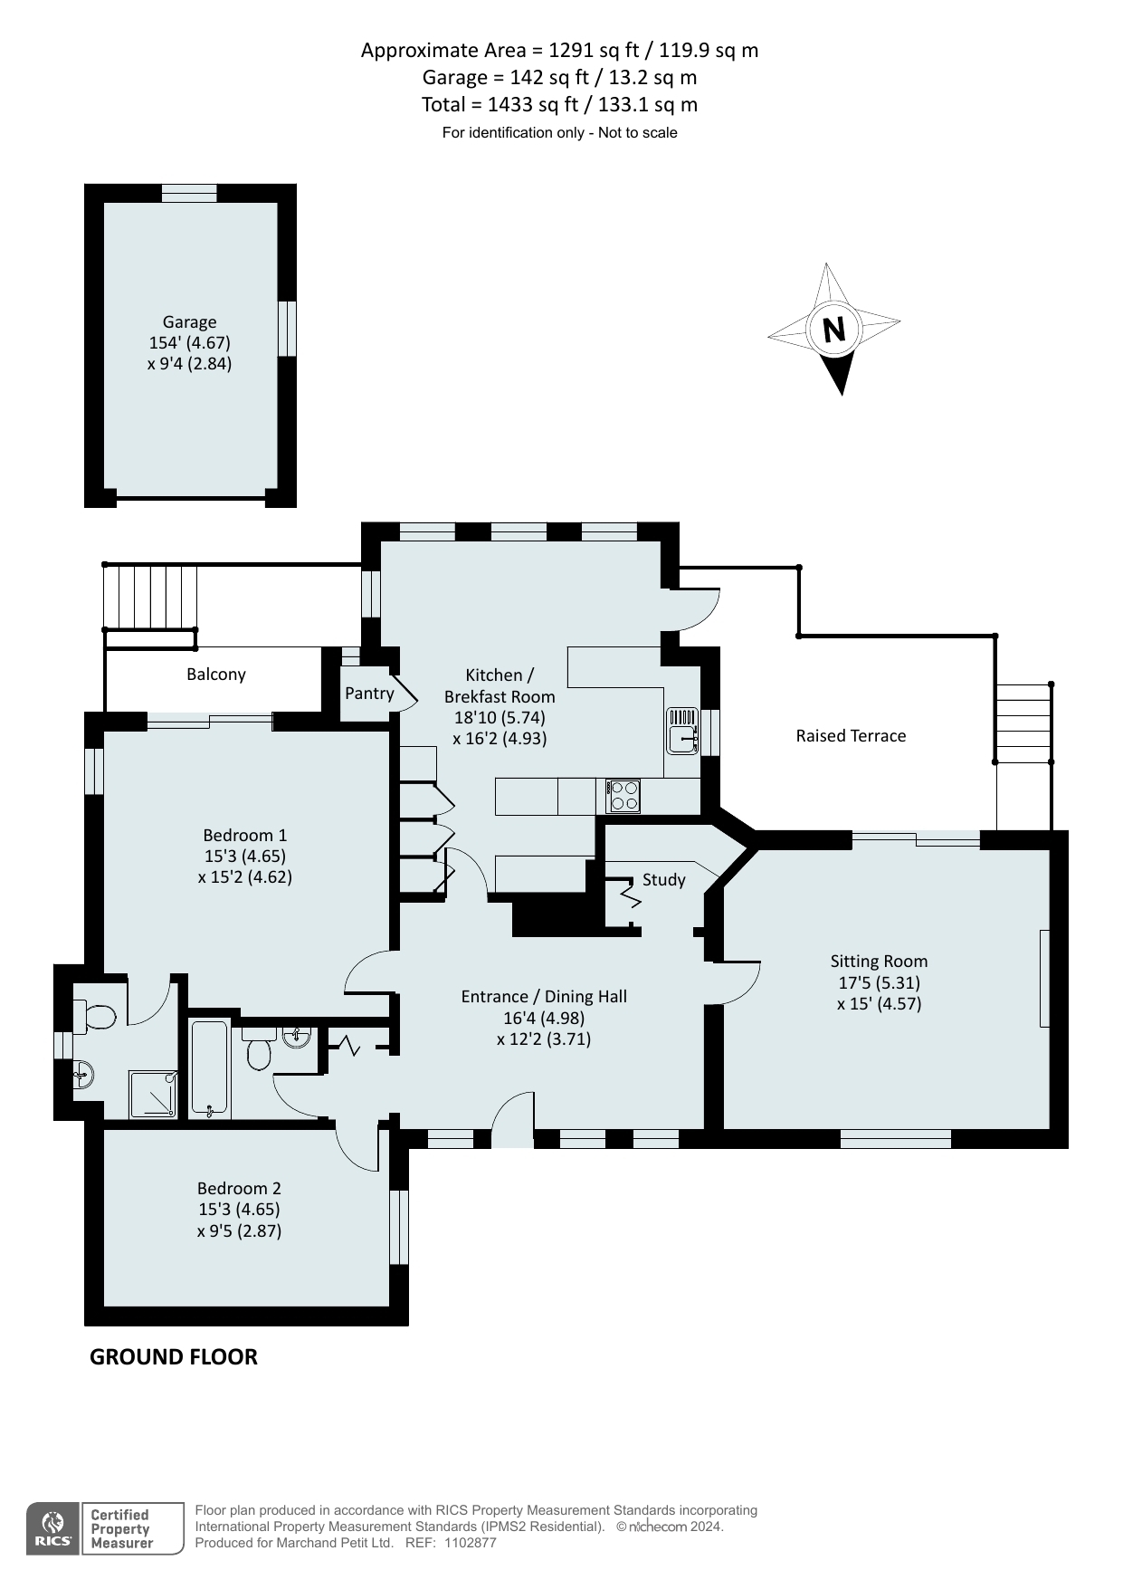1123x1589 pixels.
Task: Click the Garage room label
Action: click(x=189, y=321)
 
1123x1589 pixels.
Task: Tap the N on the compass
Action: click(x=833, y=329)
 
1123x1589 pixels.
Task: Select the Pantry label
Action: click(x=369, y=694)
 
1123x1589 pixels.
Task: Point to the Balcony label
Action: click(x=216, y=675)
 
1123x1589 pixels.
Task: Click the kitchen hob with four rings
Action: click(x=623, y=796)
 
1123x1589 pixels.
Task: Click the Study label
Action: click(x=664, y=880)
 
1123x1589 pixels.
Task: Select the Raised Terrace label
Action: click(x=851, y=736)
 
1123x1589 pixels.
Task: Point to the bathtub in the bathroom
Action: click(x=210, y=1069)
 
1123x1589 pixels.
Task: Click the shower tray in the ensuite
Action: click(x=152, y=1095)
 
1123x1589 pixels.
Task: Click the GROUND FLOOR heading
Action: click(x=174, y=1356)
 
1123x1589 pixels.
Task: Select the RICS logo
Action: click(x=54, y=1528)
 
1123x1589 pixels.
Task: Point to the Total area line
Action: click(x=559, y=105)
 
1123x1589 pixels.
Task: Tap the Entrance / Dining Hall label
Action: click(x=544, y=997)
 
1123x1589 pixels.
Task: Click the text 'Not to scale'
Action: click(x=638, y=133)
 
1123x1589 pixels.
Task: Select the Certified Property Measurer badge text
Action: click(x=121, y=1528)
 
